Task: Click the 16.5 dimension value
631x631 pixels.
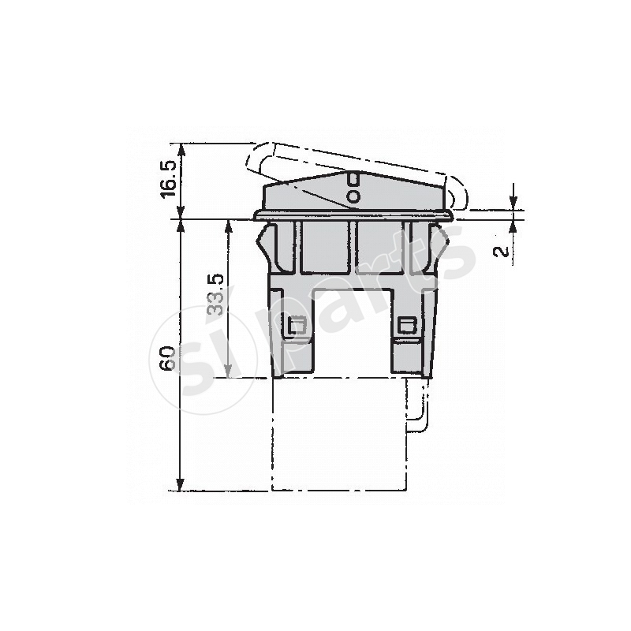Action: pyautogui.click(x=168, y=179)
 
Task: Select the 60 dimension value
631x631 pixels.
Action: pyautogui.click(x=166, y=358)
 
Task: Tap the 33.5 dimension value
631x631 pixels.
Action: pyautogui.click(x=216, y=294)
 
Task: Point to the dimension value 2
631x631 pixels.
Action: pyautogui.click(x=501, y=252)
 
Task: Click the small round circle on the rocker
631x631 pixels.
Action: pyautogui.click(x=353, y=196)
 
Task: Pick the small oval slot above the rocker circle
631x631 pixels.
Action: pyautogui.click(x=353, y=178)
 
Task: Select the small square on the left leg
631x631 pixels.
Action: pyautogui.click(x=298, y=326)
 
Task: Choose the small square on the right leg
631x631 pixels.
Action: pyautogui.click(x=407, y=326)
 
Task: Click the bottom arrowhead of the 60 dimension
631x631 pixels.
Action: pyautogui.click(x=181, y=484)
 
